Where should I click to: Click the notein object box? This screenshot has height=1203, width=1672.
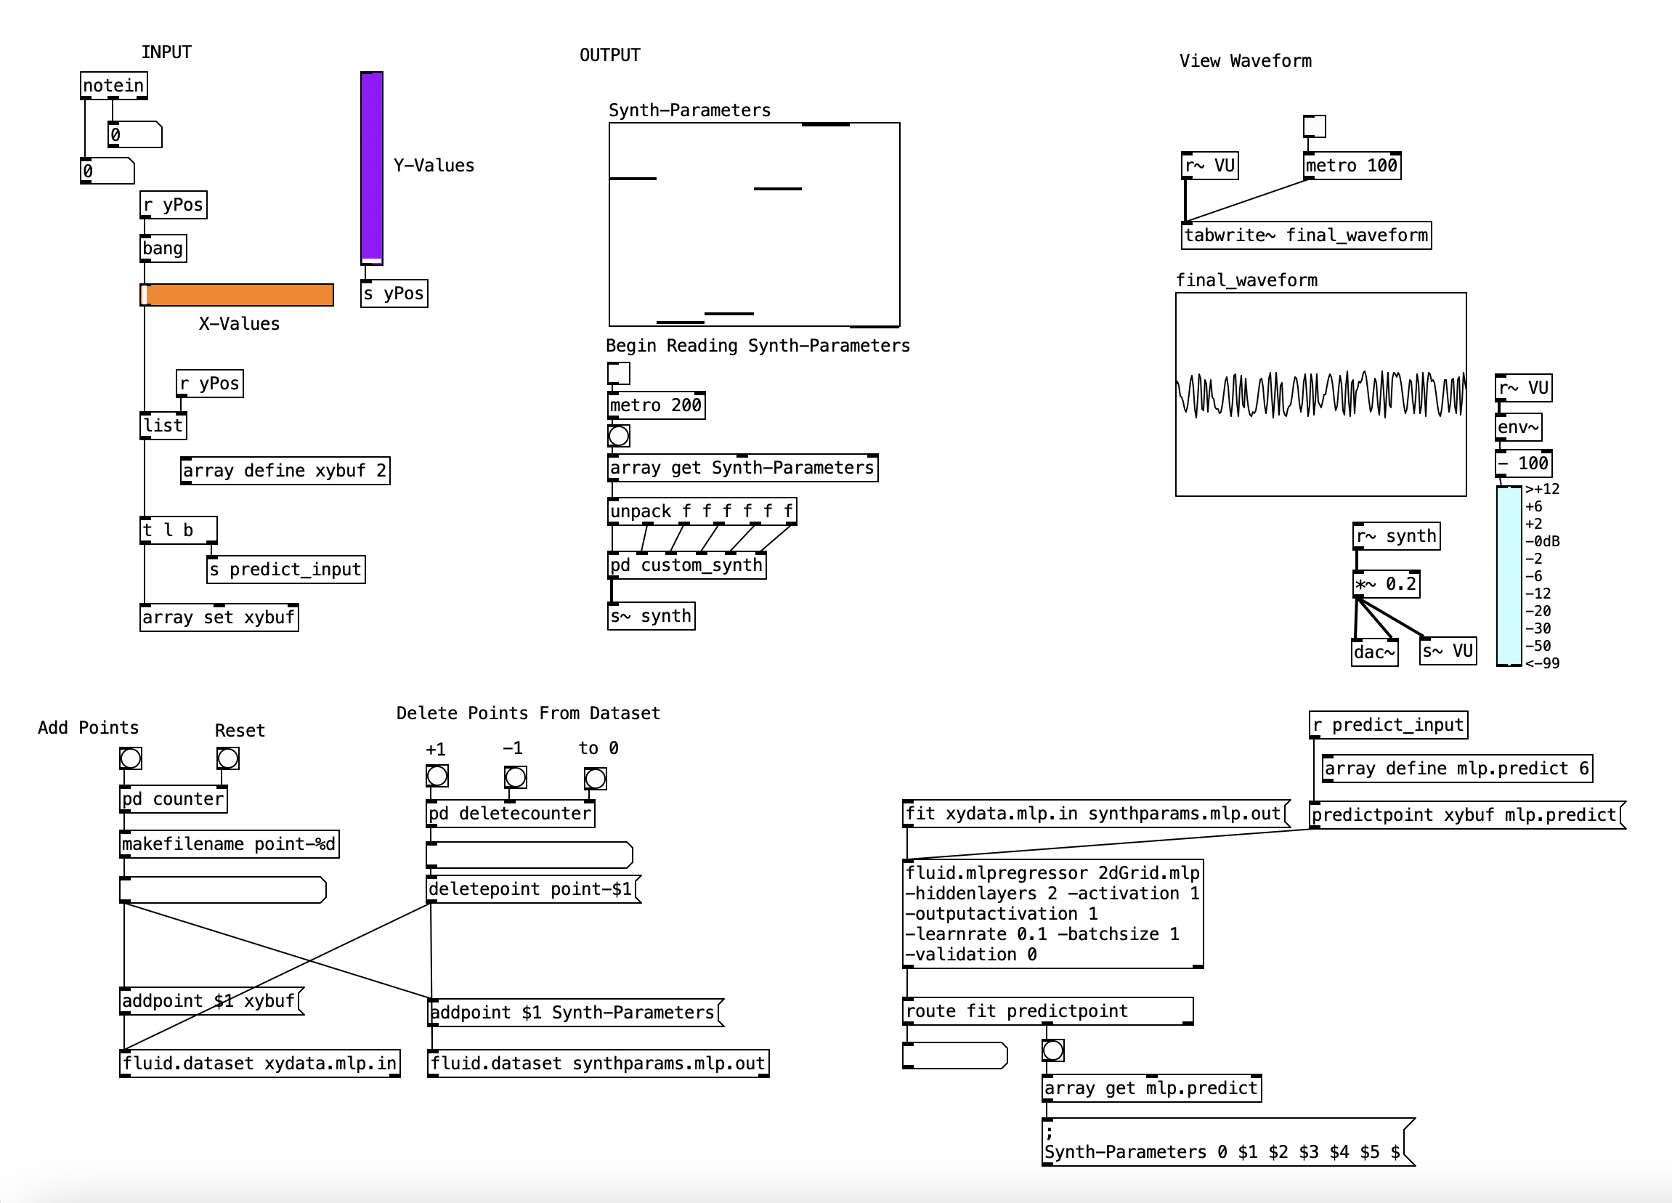[113, 86]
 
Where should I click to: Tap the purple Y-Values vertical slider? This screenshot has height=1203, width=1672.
[372, 167]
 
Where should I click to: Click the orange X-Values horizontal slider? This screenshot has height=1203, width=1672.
[237, 295]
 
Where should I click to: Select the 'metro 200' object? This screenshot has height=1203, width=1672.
[656, 405]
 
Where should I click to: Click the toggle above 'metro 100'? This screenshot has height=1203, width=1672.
[1314, 126]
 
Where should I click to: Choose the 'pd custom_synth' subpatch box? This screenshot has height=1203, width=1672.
[686, 565]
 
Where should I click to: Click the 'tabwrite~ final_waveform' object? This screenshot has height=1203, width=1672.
[1307, 236]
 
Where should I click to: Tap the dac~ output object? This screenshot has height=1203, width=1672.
[1374, 652]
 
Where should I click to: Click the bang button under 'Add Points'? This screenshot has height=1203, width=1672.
[131, 758]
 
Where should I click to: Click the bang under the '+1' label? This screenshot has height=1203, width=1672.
[437, 775]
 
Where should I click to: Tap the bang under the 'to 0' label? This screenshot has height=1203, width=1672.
[595, 779]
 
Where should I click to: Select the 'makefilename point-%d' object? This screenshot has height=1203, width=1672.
[229, 844]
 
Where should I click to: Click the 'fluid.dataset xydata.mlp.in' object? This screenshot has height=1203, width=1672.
[259, 1063]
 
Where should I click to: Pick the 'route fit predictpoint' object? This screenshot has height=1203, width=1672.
[1047, 1011]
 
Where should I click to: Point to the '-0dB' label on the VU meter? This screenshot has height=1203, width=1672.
[1542, 541]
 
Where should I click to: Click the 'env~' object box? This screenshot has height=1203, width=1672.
[1518, 428]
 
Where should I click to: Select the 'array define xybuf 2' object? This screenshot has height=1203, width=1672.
[285, 471]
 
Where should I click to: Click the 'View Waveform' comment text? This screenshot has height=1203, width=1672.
[1245, 61]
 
